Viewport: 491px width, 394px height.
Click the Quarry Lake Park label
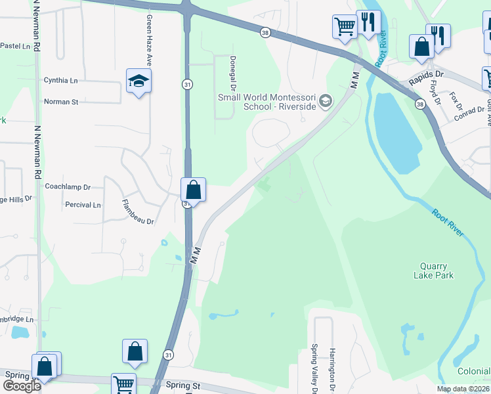click(434, 271)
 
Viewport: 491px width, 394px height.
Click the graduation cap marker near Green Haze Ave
click(139, 81)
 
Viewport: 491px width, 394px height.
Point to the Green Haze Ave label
click(149, 40)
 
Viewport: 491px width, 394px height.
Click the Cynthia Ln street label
click(61, 80)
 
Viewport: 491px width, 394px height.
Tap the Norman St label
click(61, 102)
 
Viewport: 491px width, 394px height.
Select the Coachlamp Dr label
click(67, 186)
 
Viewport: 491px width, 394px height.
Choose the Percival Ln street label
click(83, 205)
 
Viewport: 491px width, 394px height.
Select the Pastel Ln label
click(16, 46)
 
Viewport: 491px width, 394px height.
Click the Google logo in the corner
click(21, 386)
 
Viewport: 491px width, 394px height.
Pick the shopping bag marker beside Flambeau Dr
click(194, 190)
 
